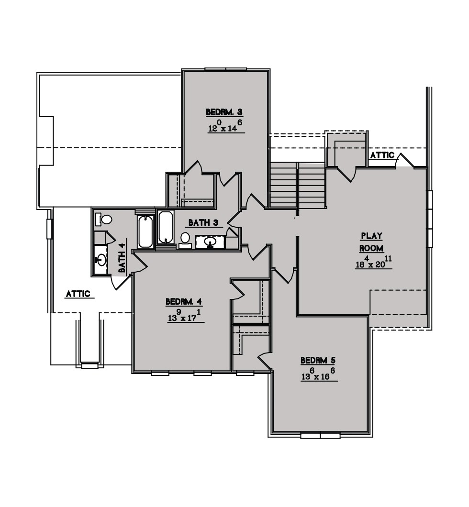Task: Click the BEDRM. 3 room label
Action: point(224,112)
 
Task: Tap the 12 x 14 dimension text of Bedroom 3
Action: point(225,126)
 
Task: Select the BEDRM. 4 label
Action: point(184,302)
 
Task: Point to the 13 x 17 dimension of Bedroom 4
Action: point(186,315)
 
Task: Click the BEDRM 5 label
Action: point(318,360)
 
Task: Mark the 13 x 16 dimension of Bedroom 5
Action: point(318,374)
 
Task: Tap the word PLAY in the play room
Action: point(372,236)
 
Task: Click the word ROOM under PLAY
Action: point(372,248)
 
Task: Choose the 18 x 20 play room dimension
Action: point(374,262)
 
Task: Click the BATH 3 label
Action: point(203,223)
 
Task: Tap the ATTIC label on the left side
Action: point(78,294)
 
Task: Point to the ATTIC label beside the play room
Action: point(382,155)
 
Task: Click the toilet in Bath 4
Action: point(103,220)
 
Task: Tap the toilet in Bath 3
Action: point(185,240)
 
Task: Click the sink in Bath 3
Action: point(210,242)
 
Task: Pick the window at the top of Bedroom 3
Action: point(226,69)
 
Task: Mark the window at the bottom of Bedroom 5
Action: point(320,435)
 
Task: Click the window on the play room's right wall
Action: point(431,219)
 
